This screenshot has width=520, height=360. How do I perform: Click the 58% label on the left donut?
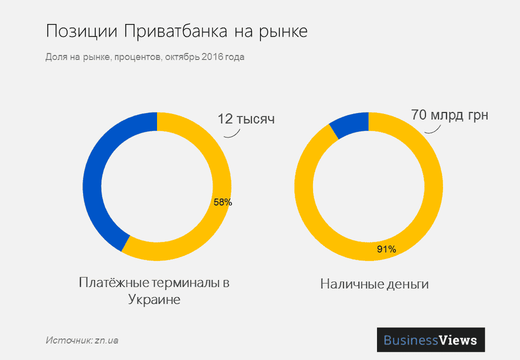[x=223, y=202]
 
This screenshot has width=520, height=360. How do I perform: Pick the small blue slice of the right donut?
[x=349, y=124]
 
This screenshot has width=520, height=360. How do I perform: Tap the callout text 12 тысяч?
[x=245, y=119]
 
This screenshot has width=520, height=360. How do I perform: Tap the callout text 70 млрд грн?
[x=449, y=114]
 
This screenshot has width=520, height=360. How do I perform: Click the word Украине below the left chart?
[x=154, y=300]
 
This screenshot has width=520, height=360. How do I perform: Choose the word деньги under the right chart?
[x=407, y=285]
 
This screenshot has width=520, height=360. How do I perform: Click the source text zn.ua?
[x=106, y=341]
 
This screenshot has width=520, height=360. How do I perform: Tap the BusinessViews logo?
[x=430, y=340]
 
